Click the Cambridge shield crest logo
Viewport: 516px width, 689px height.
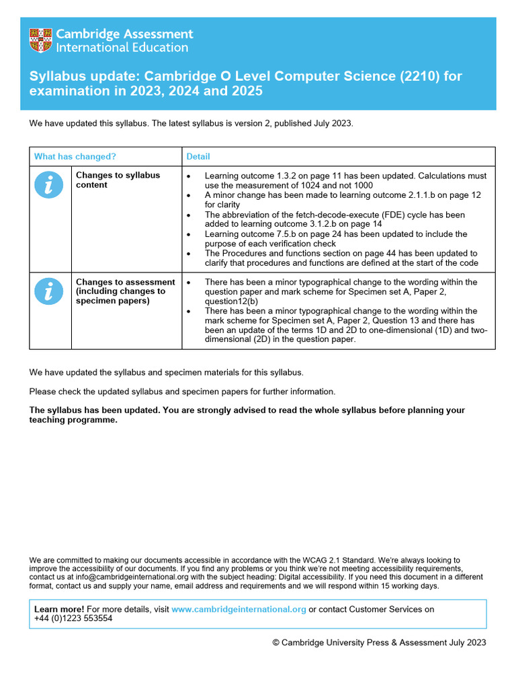40,40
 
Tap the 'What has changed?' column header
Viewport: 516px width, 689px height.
75,157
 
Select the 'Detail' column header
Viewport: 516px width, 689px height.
198,157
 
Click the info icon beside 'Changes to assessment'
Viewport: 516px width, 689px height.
50,291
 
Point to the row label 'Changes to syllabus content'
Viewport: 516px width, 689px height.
118,180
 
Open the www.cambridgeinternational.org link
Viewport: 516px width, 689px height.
239,610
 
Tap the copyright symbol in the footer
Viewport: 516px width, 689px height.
275,643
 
